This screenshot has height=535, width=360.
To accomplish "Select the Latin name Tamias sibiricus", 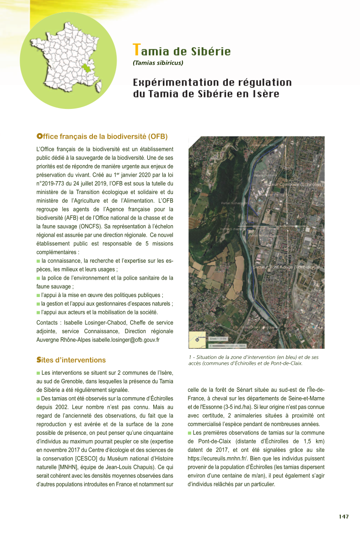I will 158,63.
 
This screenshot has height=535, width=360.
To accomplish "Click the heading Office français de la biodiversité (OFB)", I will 102,136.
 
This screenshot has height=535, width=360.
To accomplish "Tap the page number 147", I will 344,517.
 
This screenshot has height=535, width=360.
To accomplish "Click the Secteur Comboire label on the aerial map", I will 293,184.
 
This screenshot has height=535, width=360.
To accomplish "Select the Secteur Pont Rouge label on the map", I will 288,267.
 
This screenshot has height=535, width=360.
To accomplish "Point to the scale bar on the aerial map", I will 227,346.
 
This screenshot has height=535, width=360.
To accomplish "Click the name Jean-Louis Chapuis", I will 135,467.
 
